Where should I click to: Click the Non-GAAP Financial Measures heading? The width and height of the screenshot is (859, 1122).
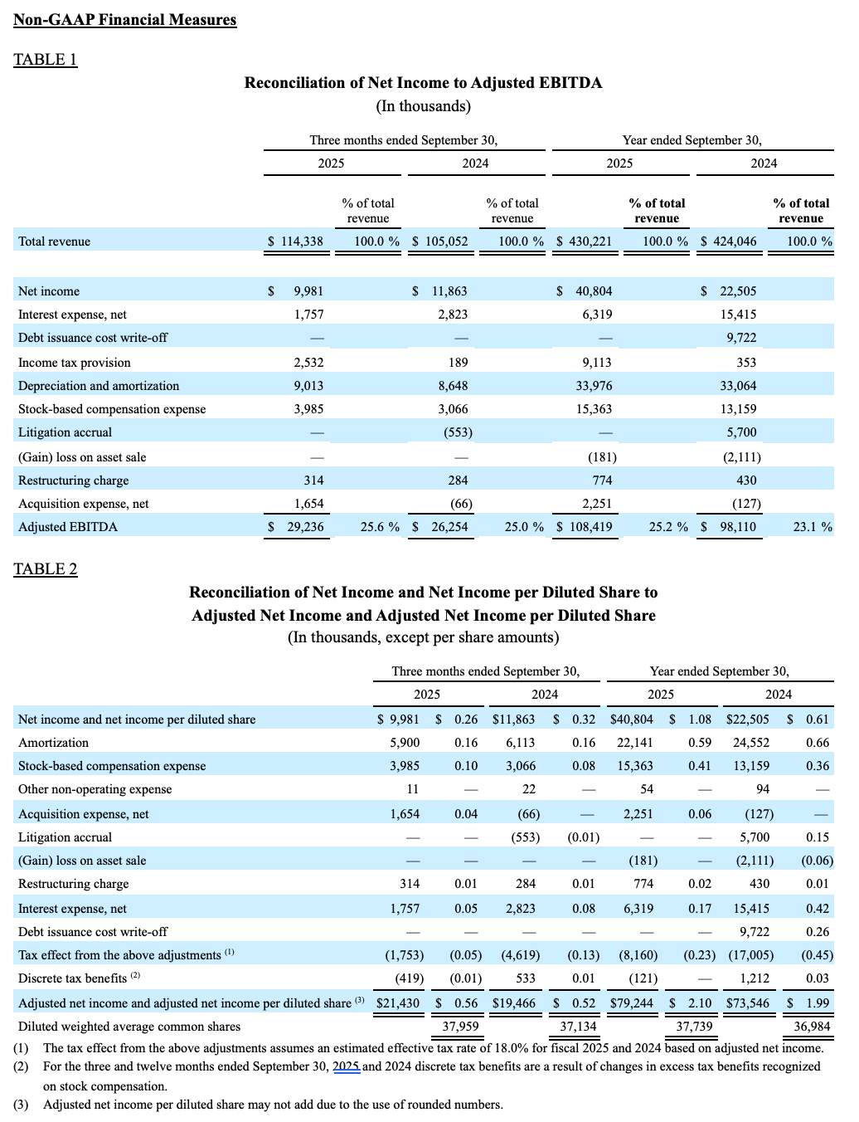[x=125, y=20]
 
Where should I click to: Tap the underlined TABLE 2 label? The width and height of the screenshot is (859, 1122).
[x=46, y=568]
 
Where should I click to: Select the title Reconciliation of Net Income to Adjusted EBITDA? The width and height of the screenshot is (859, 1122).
[x=423, y=83]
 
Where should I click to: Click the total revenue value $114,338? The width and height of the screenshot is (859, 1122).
[x=296, y=241]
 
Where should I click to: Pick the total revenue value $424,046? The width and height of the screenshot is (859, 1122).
[x=729, y=241]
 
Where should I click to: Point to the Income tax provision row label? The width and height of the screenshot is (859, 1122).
[x=75, y=363]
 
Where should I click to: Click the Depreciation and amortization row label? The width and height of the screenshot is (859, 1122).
[x=99, y=386]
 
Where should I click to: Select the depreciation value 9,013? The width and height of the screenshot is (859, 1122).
[x=308, y=386]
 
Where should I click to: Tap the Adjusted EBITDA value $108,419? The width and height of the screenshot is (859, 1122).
[x=585, y=527]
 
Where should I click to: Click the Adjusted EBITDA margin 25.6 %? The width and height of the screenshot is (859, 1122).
[x=380, y=527]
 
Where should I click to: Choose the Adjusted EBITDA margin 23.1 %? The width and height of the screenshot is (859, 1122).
[x=813, y=527]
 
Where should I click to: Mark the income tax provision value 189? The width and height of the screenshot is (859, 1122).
[x=458, y=363]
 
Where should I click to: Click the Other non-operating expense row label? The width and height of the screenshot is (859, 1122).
[x=95, y=789]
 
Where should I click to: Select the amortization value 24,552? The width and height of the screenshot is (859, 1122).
[x=751, y=743]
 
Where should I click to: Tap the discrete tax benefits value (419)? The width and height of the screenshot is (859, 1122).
[x=407, y=978]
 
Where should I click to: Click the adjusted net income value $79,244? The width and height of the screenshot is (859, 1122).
[x=632, y=1002]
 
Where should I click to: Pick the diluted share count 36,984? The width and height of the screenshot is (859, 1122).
[x=812, y=1027]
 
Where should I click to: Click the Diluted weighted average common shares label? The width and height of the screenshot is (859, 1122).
[x=129, y=1027]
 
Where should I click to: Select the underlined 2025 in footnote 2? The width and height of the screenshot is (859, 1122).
[x=347, y=1066]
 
